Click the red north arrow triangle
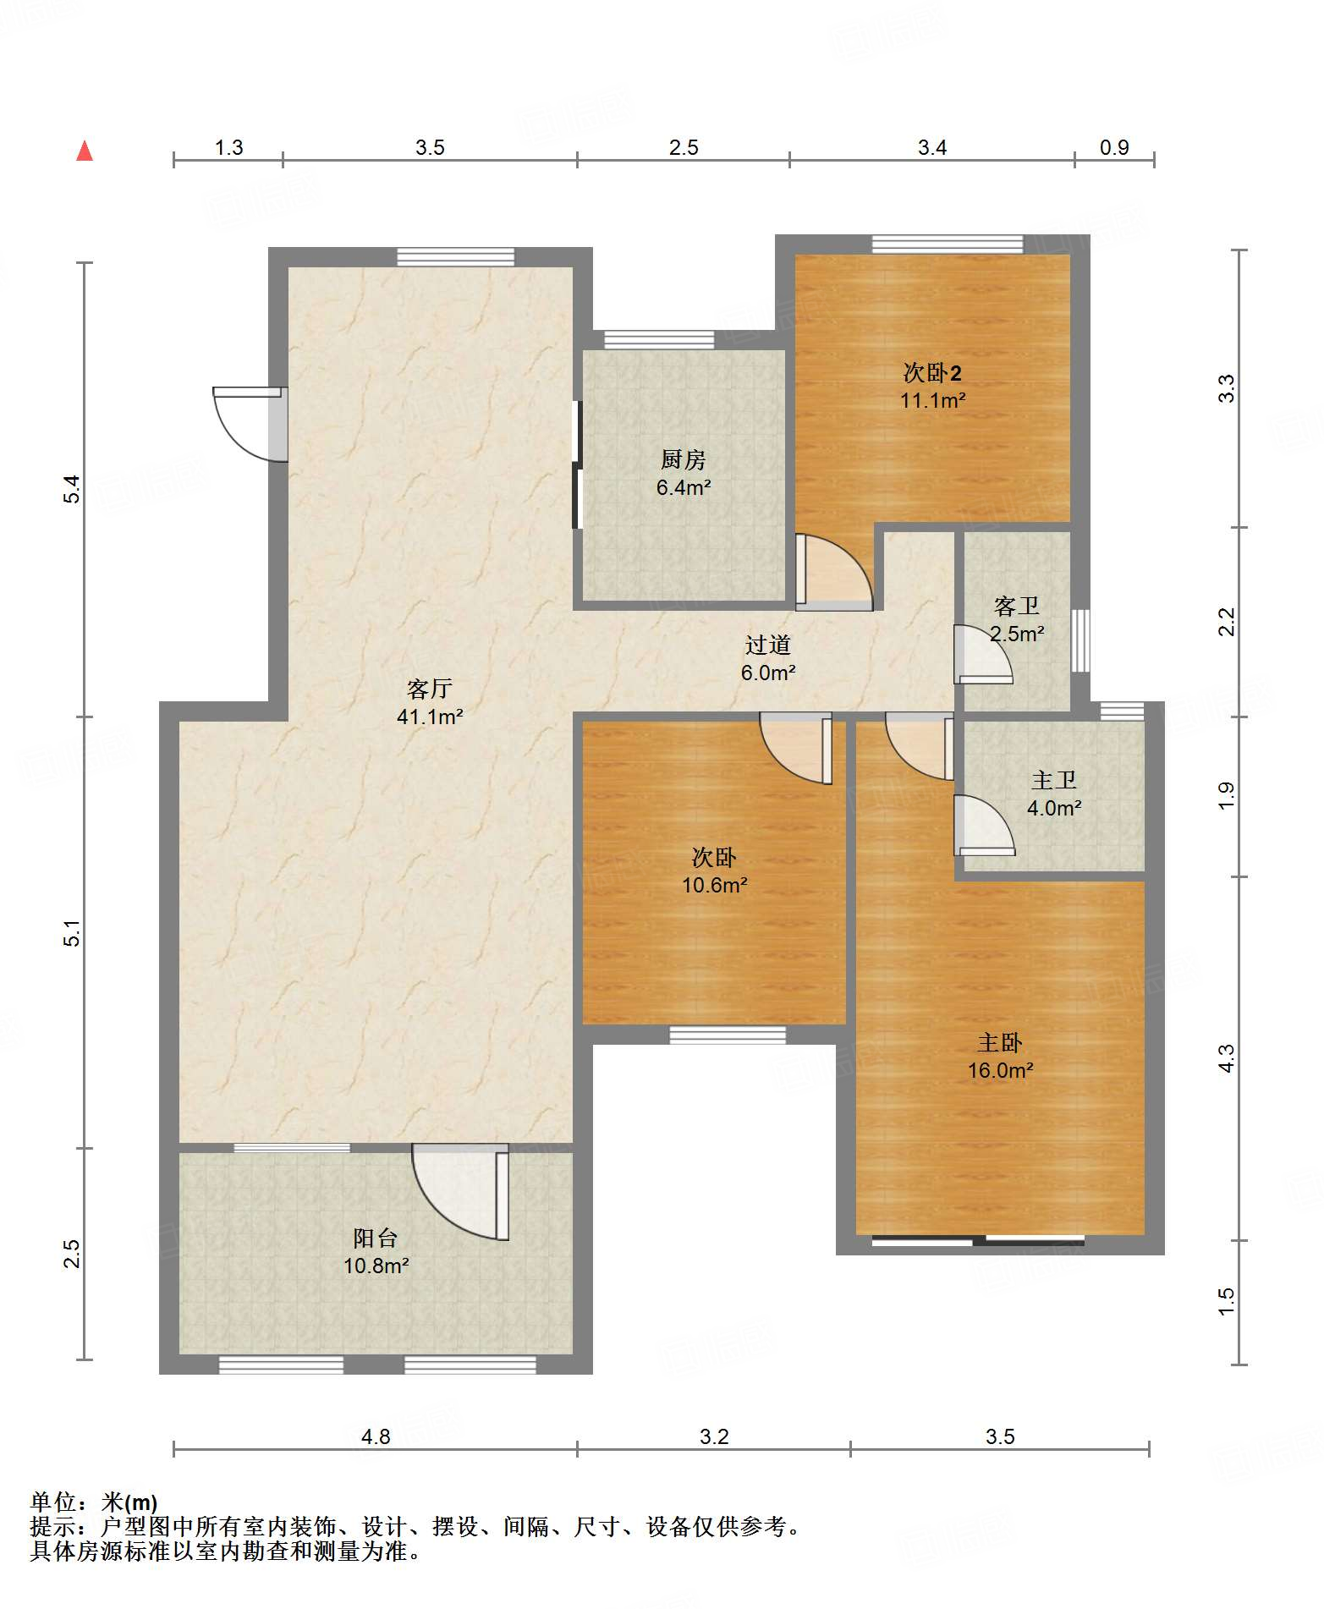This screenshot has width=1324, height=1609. point(85,151)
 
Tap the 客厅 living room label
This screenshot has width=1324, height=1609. point(430,689)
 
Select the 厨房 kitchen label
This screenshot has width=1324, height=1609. point(683,459)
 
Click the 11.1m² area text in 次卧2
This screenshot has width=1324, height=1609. point(932,400)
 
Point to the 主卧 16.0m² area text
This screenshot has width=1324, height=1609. point(1000,1070)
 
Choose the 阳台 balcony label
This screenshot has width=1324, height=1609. point(376,1238)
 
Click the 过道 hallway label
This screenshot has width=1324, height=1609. point(768,645)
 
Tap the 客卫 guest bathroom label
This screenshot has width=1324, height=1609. point(1017,606)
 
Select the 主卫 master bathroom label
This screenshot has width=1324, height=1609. point(1054,780)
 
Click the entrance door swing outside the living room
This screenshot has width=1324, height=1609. point(250,424)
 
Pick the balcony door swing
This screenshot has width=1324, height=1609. point(461,1191)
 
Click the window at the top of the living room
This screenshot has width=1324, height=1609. point(456,257)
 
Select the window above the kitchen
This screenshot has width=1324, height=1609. point(659,340)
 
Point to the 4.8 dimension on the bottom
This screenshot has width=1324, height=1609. point(376,1436)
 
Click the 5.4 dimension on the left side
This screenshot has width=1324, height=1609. point(74,489)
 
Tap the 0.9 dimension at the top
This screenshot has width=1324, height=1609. point(1114,147)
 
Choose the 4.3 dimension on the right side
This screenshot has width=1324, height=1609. point(1226,1058)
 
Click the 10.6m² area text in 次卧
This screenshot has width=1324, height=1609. point(715,885)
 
